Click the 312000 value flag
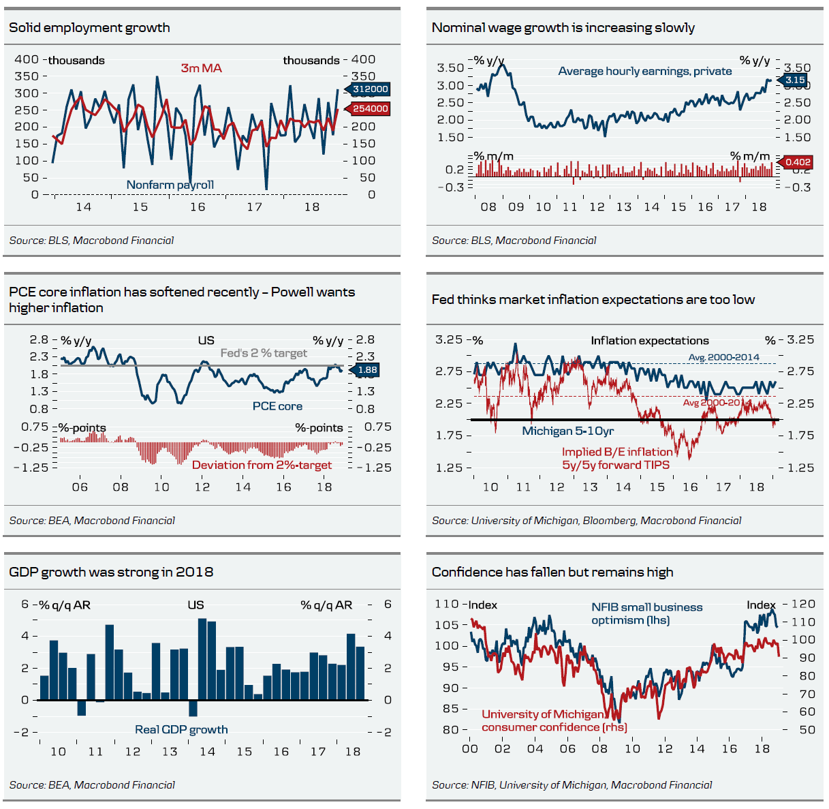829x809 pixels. click(x=370, y=89)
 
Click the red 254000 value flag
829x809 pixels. click(x=370, y=108)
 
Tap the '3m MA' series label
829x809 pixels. click(x=202, y=68)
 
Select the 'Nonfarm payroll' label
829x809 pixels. click(x=170, y=185)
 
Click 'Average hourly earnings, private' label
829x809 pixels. click(x=644, y=71)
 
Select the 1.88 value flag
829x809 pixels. click(x=366, y=370)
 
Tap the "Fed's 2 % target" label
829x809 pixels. click(x=263, y=353)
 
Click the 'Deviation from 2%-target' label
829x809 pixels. click(x=262, y=465)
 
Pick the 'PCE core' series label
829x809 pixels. click(x=277, y=406)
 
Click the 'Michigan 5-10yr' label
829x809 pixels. click(x=568, y=431)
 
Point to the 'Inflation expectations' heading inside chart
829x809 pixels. click(x=649, y=341)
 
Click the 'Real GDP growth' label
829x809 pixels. click(x=181, y=729)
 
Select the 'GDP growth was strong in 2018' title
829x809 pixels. click(x=111, y=572)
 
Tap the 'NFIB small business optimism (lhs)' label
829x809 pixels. click(x=646, y=613)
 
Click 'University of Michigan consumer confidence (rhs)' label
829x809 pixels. click(x=554, y=720)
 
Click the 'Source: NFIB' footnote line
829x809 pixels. click(x=572, y=785)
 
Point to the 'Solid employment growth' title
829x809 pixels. click(x=89, y=28)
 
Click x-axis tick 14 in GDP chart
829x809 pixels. click(x=207, y=752)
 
